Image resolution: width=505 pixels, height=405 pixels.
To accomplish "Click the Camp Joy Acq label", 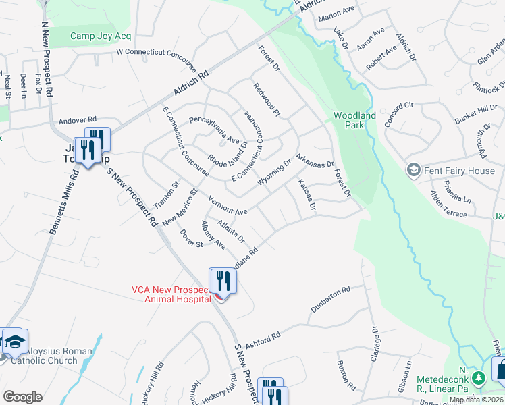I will (x=101, y=36).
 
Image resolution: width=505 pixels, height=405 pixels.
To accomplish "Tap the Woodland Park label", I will (x=354, y=120).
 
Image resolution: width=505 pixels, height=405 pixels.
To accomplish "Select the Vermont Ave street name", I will (x=228, y=207).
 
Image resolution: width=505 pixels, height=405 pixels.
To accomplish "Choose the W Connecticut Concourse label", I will (x=156, y=60).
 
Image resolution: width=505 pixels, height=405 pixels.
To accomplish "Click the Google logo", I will (x=22, y=397).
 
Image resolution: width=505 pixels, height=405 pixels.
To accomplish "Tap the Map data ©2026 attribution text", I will (x=476, y=400).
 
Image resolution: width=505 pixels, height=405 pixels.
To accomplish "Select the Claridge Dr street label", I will (x=374, y=345).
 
